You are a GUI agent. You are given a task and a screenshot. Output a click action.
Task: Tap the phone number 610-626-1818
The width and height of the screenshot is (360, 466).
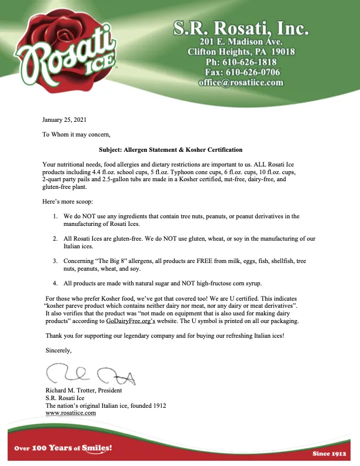point(250,62)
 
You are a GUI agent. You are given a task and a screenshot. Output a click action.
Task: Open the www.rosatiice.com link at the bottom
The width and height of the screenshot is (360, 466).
point(71,413)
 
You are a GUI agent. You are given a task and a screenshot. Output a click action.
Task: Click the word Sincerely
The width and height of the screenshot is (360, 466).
point(59,351)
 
